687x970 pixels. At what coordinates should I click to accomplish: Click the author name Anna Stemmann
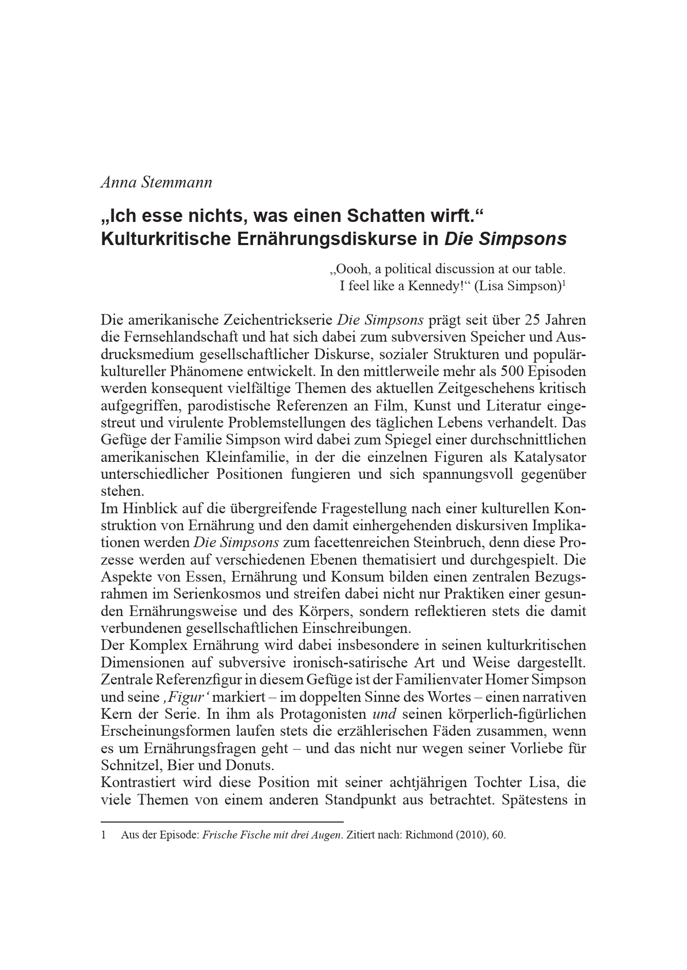click(x=156, y=182)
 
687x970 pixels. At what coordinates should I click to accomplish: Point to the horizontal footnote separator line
click(x=222, y=822)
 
